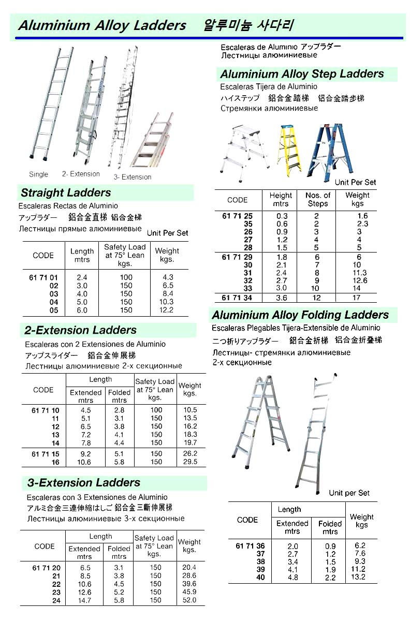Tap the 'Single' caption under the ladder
[39, 174]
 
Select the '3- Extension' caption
[133, 177]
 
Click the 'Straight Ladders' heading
[66, 193]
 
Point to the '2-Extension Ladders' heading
[81, 330]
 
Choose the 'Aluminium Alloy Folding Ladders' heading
[300, 315]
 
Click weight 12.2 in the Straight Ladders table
[167, 310]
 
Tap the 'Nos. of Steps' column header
[317, 199]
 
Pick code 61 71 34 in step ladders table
[238, 298]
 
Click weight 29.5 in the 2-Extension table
[191, 462]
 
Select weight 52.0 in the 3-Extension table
[189, 600]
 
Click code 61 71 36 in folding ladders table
[250, 546]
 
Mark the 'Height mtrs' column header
[281, 199]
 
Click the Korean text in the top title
[250, 25]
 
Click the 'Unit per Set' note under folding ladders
[349, 493]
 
